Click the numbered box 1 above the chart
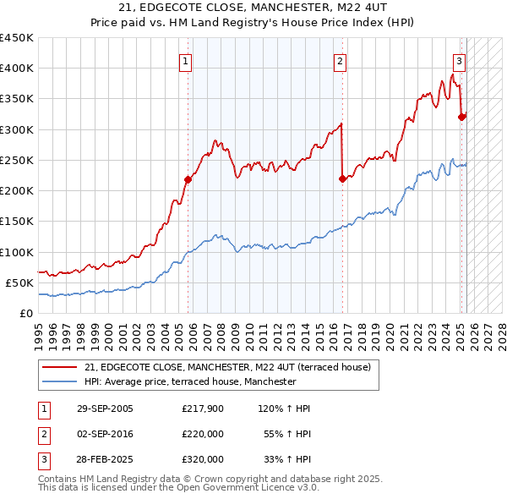pos(184,61)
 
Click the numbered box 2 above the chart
pos(339,61)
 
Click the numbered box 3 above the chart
pos(458,61)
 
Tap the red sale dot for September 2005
pos(188,179)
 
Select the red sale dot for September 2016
pos(342,178)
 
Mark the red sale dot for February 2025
pos(461,117)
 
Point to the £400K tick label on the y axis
pos(16,69)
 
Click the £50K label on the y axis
pos(19,282)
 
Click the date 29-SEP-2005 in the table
pos(105,409)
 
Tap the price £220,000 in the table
pos(203,434)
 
